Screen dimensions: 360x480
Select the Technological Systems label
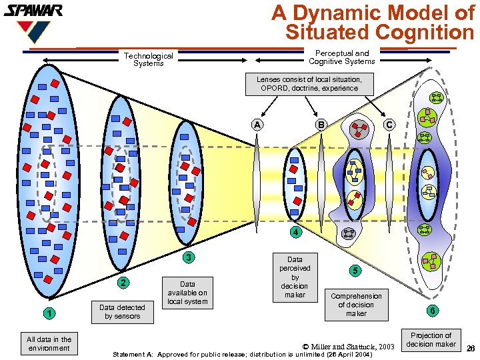tap(148, 60)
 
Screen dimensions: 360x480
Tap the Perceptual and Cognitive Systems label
tap(341, 57)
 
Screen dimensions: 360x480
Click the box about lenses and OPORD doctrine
tap(309, 83)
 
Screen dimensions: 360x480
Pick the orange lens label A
tap(257, 124)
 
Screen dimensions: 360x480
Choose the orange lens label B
tap(321, 124)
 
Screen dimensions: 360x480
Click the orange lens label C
tap(390, 124)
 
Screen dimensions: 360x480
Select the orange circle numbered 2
tap(123, 283)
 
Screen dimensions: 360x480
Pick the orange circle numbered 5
tap(356, 271)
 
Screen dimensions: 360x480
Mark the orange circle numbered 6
tap(433, 311)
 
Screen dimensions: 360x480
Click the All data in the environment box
tap(49, 343)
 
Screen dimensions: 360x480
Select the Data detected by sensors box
tap(123, 311)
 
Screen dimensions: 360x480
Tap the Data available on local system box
tap(187, 293)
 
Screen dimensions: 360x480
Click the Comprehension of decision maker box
tap(356, 305)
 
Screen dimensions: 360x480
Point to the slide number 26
tap(471, 348)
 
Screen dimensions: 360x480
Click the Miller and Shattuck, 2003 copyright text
tap(349, 346)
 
